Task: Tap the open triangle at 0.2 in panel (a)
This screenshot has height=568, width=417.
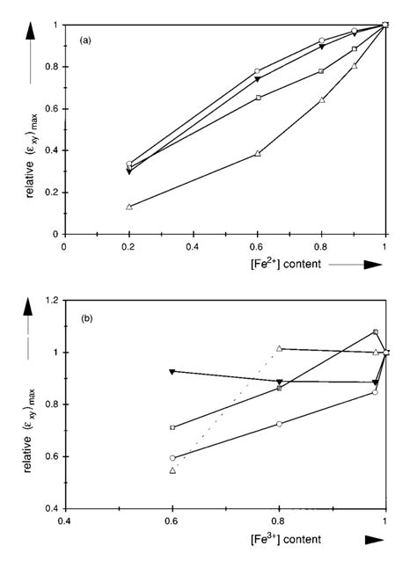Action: (x=129, y=207)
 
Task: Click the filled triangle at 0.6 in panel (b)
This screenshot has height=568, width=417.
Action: (x=172, y=371)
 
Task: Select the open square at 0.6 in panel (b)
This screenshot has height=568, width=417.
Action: (x=172, y=427)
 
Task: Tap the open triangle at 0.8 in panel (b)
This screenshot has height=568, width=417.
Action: (x=279, y=349)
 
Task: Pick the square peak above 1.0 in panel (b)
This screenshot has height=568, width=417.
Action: (x=376, y=332)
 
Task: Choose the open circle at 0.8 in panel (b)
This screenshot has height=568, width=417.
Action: (x=279, y=424)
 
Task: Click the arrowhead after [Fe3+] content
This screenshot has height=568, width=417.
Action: (x=373, y=539)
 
